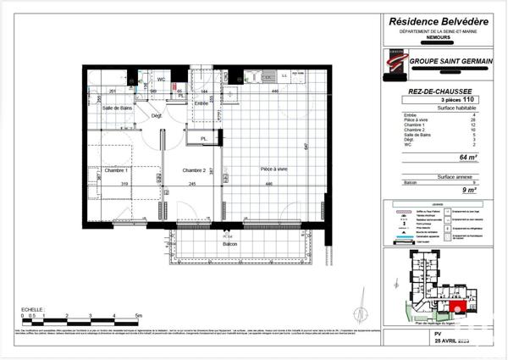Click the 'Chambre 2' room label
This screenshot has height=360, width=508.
tap(195, 170)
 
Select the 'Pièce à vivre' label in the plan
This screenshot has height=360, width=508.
tap(273, 170)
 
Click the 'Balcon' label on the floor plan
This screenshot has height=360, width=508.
tap(230, 244)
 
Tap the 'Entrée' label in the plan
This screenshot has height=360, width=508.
tap(202, 103)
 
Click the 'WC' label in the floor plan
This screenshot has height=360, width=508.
tap(159, 80)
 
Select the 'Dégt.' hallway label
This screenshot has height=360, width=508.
tap(157, 115)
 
